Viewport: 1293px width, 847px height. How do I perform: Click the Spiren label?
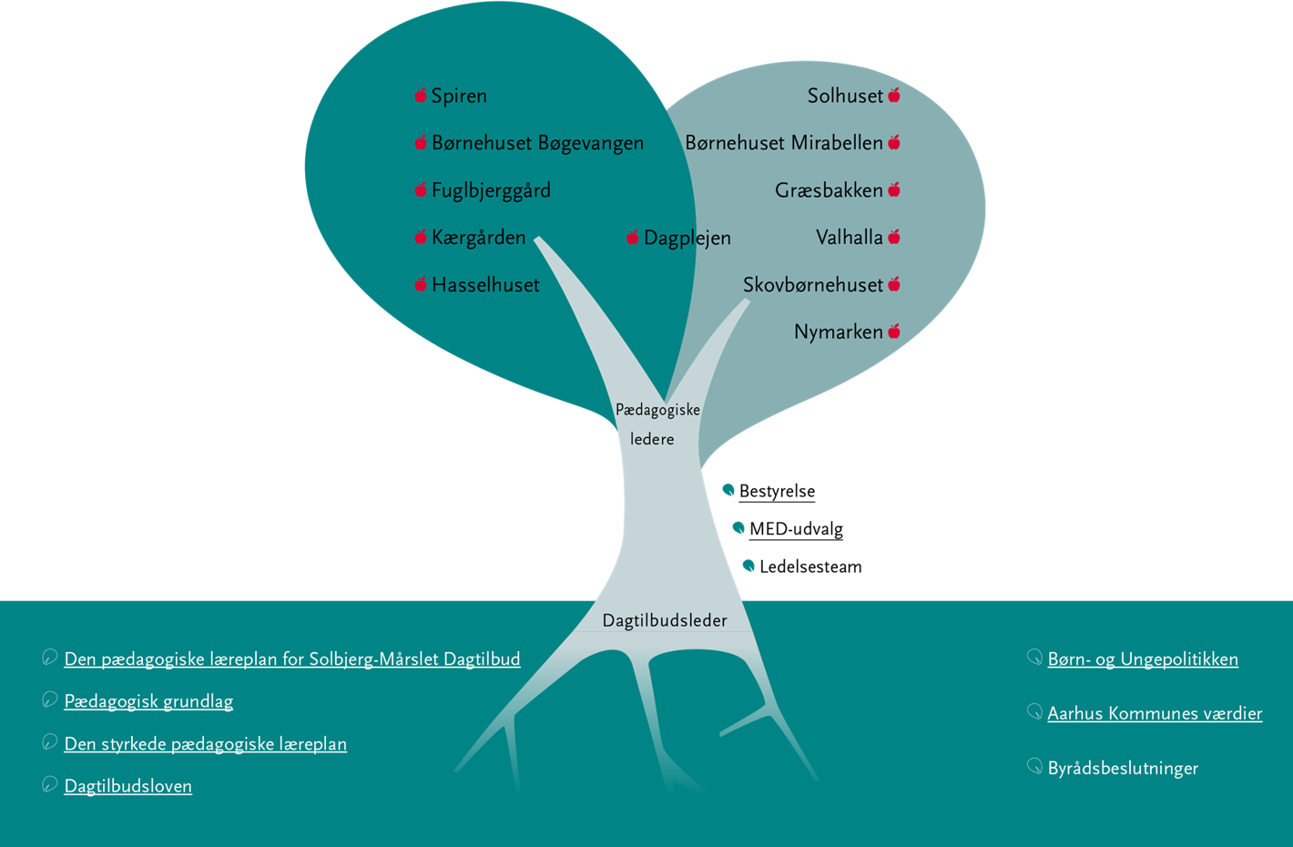459,96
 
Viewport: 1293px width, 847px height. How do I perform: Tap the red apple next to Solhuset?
894,95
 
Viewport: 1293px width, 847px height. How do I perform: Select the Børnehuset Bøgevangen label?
537,143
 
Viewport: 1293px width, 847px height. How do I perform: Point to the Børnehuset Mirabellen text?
784,143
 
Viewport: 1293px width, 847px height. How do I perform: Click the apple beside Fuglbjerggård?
421,189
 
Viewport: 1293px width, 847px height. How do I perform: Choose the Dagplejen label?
687,238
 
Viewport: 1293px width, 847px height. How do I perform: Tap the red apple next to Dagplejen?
633,238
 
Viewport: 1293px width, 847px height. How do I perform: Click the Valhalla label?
849,238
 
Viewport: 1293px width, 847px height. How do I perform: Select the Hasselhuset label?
485,285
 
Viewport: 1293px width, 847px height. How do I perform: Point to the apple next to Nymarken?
894,332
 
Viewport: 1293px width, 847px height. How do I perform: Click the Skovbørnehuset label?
812,285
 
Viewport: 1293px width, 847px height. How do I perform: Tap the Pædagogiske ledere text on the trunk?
657,424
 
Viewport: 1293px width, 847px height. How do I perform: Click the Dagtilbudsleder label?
665,621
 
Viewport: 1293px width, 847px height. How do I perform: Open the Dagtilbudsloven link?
127,786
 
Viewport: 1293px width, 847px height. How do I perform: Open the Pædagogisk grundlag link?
148,701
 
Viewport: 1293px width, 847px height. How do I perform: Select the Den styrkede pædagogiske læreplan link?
205,744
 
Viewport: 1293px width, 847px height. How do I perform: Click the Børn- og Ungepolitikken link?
1142,659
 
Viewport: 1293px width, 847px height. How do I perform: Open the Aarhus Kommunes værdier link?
1155,714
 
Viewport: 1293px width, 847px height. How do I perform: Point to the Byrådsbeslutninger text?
1123,768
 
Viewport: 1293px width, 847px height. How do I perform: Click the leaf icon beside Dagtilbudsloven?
49,785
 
